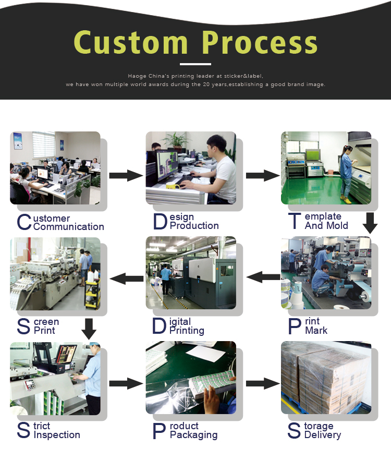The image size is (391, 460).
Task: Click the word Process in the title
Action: click(260, 43)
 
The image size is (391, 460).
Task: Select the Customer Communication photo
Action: click(55, 167)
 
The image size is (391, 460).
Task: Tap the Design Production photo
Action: click(190, 167)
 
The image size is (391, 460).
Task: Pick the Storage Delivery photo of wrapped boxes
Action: click(326, 377)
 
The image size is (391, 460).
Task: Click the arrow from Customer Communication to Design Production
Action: click(126, 175)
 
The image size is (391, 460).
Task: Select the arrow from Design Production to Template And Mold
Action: click(262, 175)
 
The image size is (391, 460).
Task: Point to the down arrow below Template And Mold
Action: click(370, 222)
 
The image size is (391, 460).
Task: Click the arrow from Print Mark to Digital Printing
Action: click(263, 277)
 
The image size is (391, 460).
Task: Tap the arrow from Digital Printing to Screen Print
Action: click(127, 278)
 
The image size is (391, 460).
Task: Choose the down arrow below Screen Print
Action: click(89, 329)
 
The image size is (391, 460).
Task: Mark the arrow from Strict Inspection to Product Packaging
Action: click(126, 383)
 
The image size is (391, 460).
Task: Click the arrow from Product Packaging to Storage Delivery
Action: click(262, 383)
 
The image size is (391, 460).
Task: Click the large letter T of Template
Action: click(294, 221)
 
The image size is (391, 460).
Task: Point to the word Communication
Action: click(68, 227)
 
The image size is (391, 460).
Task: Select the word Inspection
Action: click(57, 435)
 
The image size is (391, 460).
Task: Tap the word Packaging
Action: click(193, 435)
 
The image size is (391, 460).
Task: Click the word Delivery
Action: click(322, 435)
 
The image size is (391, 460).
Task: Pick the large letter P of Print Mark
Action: click(295, 326)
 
